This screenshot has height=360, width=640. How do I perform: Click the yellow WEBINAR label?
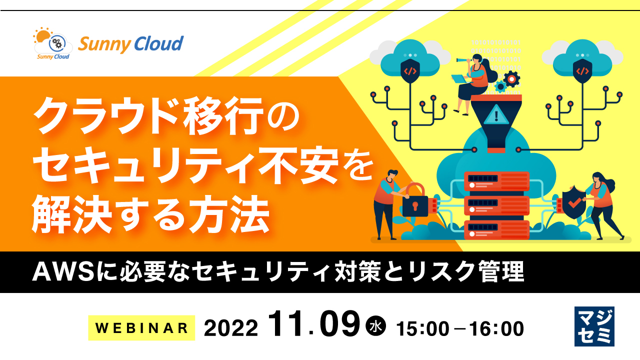pyautogui.click(x=141, y=328)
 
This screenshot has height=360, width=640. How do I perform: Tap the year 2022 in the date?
pyautogui.click(x=231, y=328)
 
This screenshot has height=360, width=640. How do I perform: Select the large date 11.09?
pyautogui.click(x=313, y=325)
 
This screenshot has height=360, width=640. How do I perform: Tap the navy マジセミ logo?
pyautogui.click(x=594, y=326)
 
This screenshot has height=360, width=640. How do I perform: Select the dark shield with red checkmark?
pyautogui.click(x=575, y=200)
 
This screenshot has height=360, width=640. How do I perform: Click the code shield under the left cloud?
pyautogui.click(x=410, y=70)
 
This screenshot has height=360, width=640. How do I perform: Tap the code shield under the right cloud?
pyautogui.click(x=582, y=70)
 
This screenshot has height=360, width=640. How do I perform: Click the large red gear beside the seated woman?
pyautogui.click(x=511, y=79)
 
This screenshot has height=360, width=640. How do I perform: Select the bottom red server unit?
pyautogui.click(x=496, y=229)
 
